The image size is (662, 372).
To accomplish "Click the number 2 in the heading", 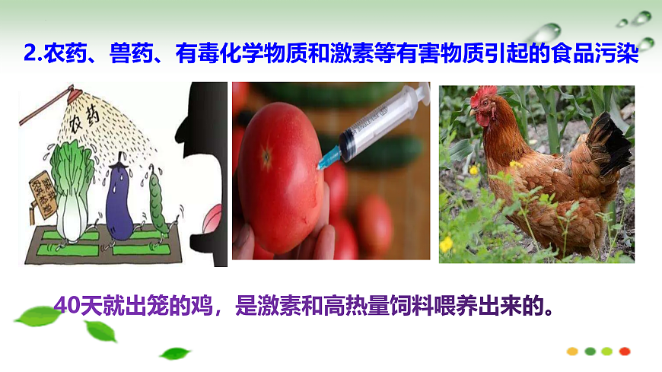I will [x=30, y=55].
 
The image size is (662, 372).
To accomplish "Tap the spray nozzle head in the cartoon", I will [x=75, y=93].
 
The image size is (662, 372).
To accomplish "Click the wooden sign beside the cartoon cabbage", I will [x=37, y=194].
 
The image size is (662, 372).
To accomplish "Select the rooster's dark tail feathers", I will [x=609, y=145].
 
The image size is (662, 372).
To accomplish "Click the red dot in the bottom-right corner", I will [x=625, y=351].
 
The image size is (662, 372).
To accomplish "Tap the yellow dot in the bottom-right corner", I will [x=572, y=351].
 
